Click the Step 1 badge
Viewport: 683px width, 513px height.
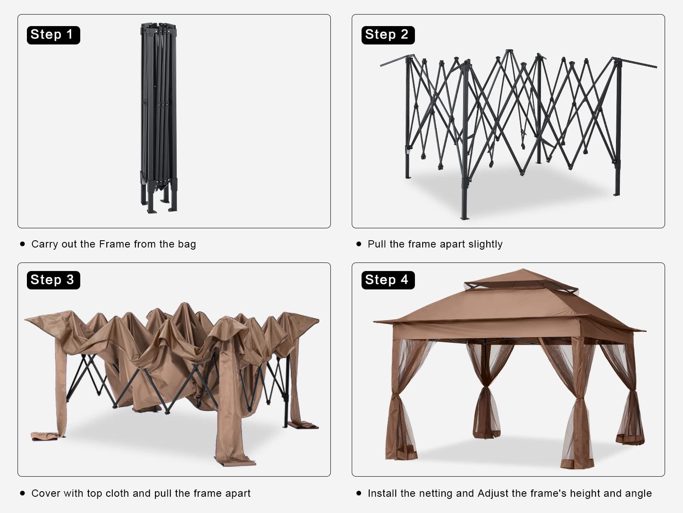tap(53, 35)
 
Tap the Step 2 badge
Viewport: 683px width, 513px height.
tap(388, 35)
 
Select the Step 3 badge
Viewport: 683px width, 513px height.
tap(53, 280)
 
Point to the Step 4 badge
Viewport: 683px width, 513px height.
tap(388, 280)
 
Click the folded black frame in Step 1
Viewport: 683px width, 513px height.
tap(159, 118)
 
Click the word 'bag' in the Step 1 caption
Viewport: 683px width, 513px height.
tap(187, 245)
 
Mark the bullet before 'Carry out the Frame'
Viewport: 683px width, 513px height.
tap(22, 244)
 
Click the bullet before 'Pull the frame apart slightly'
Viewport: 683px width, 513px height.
tap(359, 244)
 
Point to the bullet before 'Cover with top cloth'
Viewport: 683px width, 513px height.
tap(22, 493)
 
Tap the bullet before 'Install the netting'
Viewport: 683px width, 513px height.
tap(359, 493)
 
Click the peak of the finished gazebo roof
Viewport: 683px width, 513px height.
tap(523, 269)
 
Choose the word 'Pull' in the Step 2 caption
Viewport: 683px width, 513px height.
tap(377, 244)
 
